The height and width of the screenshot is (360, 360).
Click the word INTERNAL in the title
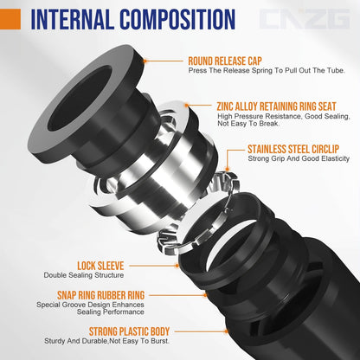pyautogui.click(x=83, y=19)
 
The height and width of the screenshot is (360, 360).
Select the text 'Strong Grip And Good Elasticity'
pyautogui.click(x=298, y=158)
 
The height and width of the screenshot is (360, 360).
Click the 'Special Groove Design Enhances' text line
pyautogui.click(x=87, y=304)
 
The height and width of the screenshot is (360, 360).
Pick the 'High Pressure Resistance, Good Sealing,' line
pyautogui.click(x=282, y=116)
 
